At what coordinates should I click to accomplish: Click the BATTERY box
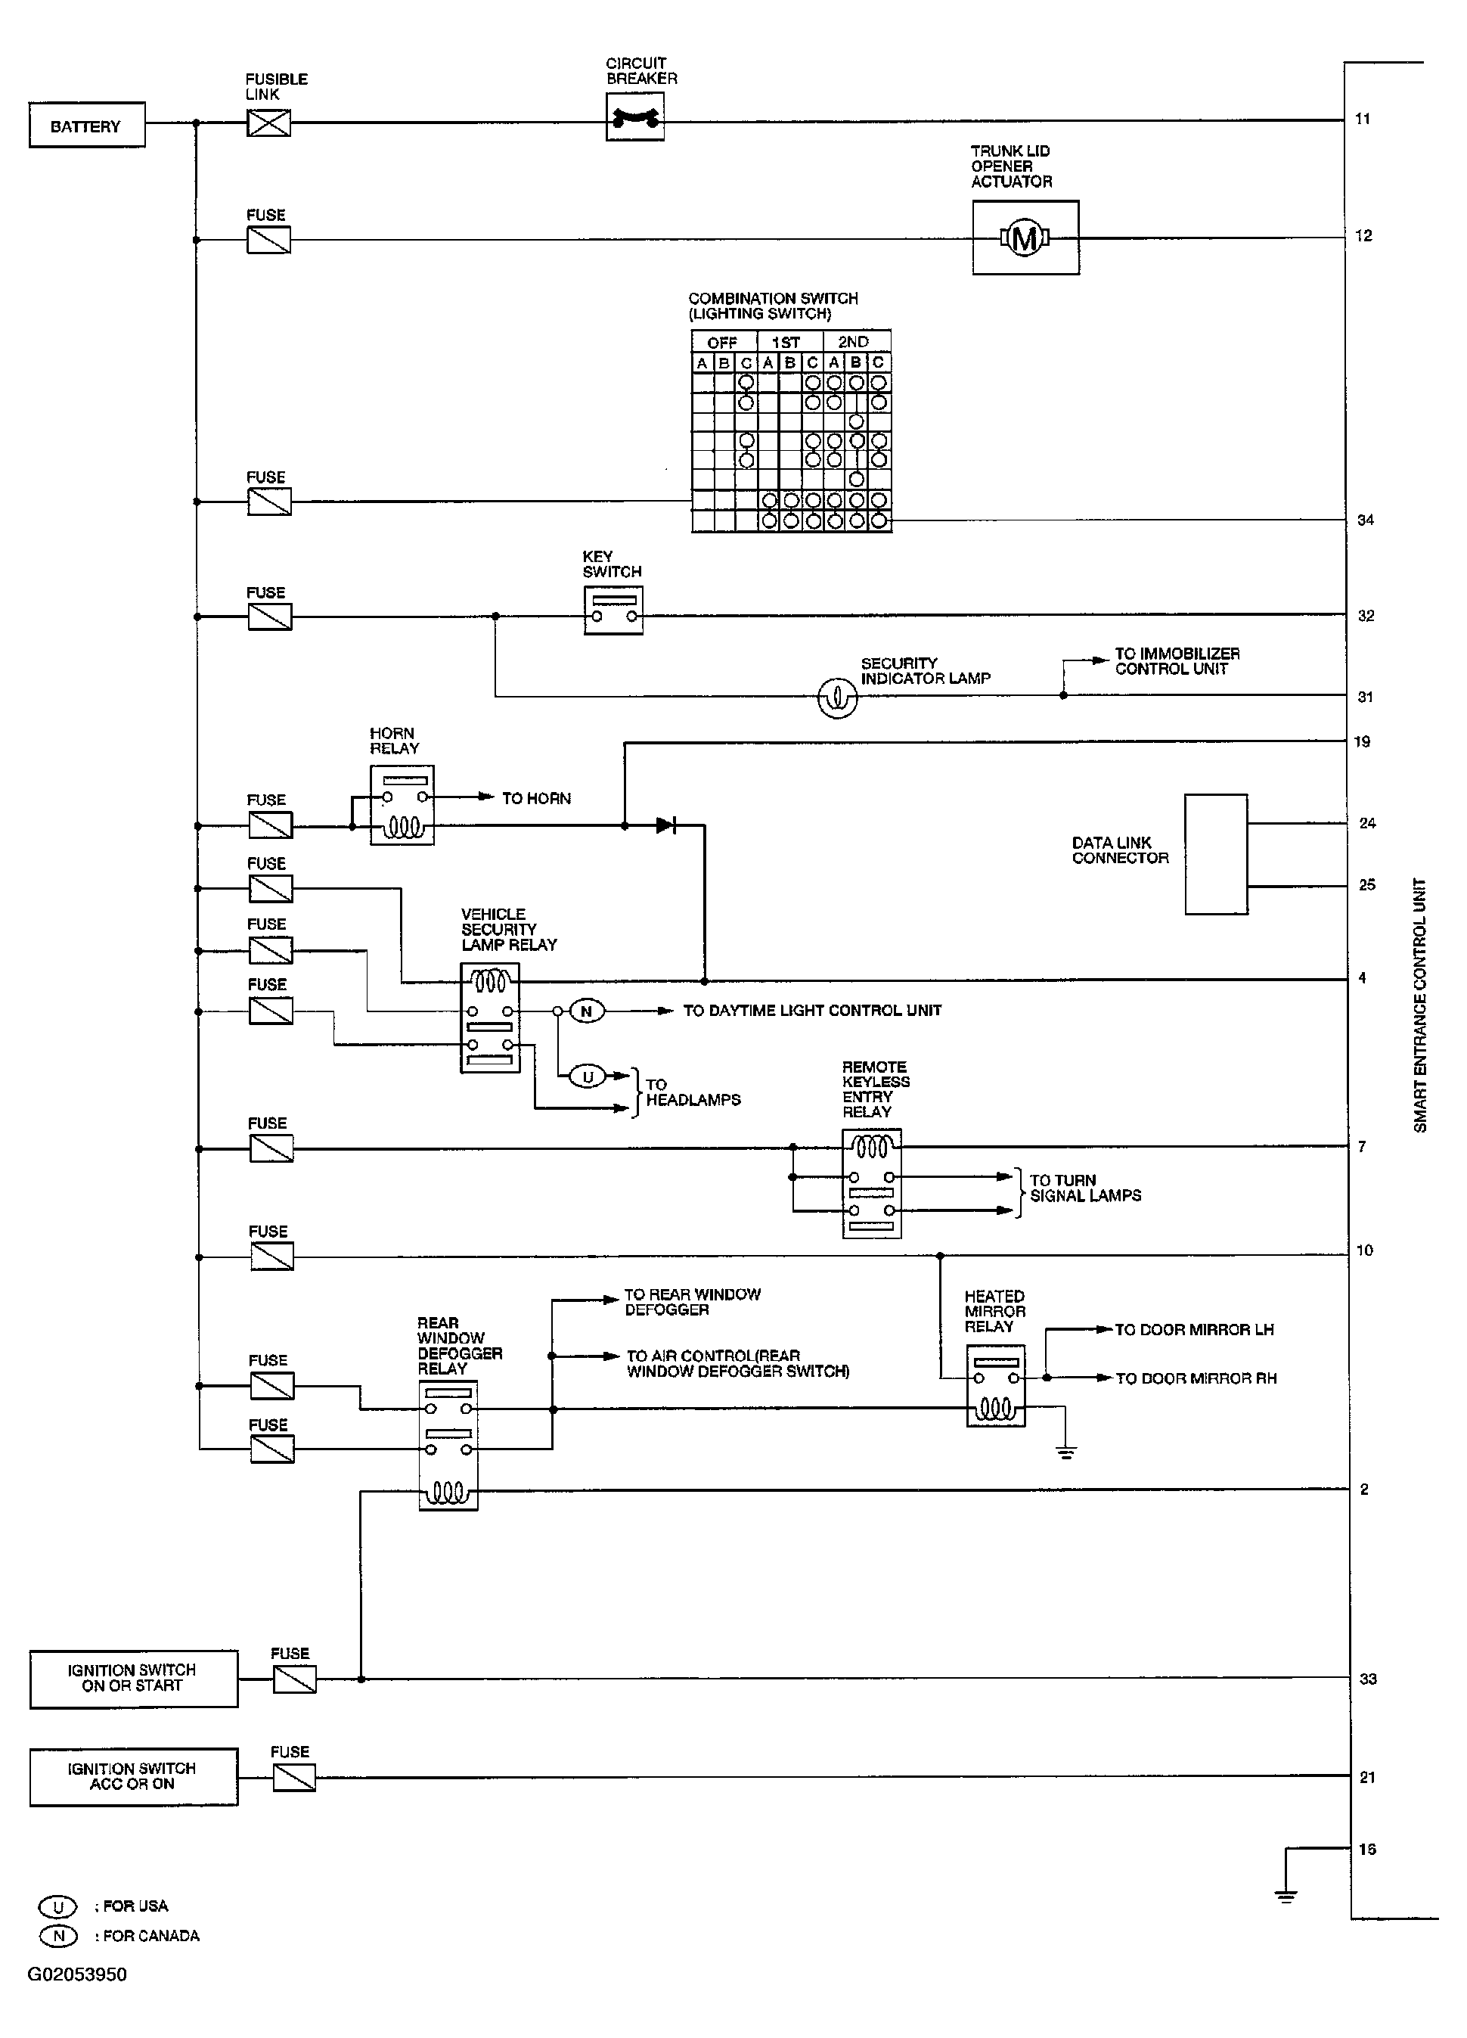86,125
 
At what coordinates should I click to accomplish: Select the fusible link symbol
268,123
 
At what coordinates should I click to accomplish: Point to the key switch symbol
613,610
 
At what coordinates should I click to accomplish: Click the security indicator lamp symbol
837,697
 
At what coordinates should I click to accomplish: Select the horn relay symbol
402,805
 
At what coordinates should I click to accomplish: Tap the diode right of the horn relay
665,825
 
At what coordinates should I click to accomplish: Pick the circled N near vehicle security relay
587,1011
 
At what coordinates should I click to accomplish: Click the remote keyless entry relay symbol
870,1183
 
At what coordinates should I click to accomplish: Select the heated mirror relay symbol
994,1386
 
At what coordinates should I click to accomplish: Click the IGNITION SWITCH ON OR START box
133,1679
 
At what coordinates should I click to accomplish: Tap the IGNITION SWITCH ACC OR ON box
133,1776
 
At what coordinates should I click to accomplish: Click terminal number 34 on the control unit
1365,520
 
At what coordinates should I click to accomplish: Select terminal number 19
1362,741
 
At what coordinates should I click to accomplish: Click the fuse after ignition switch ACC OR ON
293,1778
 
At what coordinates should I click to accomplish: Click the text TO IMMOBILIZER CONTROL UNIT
1176,661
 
